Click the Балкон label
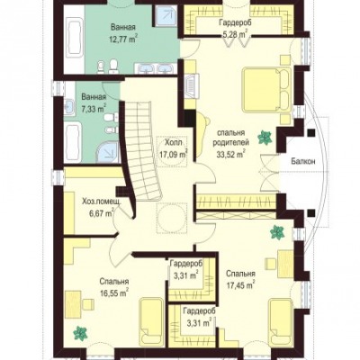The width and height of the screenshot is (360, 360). pos(303,162)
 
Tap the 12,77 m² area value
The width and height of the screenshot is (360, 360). pos(123,39)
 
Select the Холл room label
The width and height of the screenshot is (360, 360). pos(174,142)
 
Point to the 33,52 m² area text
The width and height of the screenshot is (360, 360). pos(231,154)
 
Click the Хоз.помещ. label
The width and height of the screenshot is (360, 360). pos(102,202)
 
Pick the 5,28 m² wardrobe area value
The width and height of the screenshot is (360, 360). pos(235,33)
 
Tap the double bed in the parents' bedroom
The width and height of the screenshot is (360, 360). pos(266,89)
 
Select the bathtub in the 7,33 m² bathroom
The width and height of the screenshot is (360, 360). pos(73,143)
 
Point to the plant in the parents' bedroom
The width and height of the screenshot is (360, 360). pos(265,138)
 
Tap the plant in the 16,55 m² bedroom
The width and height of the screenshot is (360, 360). pos(80,333)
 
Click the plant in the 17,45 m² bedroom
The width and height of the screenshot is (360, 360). pos(277,232)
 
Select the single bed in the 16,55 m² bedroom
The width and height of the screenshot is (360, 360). pos(151,321)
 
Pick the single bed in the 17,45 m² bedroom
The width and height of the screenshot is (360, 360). pos(281,322)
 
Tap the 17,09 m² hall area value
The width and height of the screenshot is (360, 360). pos(174,154)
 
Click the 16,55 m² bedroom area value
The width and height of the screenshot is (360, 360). pos(114,294)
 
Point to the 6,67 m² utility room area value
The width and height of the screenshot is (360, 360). pos(101,213)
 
